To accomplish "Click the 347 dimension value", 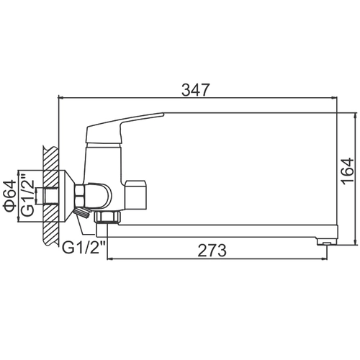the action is click(x=196, y=90).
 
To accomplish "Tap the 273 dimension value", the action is click(x=212, y=251).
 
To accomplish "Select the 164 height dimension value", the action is click(x=348, y=171).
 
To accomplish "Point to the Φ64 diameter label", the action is click(x=9, y=197).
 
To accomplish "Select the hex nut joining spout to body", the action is click(x=107, y=217).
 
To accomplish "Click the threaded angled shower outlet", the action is click(x=82, y=213).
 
